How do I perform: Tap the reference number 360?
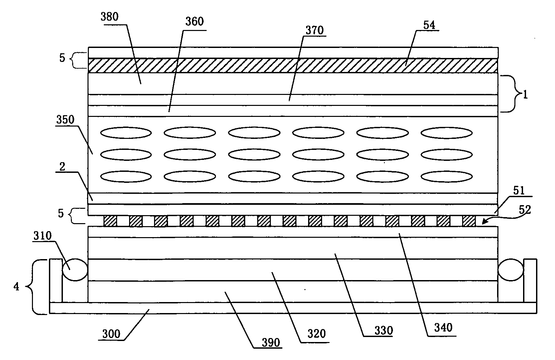pos(194,22)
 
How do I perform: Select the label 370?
pos(314,30)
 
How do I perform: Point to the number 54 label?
pos(429,25)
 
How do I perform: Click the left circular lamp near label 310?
pos(75,269)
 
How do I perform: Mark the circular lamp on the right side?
pos(511,269)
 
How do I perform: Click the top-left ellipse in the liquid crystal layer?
pos(126,133)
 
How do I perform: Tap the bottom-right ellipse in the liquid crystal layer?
pos(447,177)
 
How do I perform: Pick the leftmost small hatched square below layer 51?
pos(110,221)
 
